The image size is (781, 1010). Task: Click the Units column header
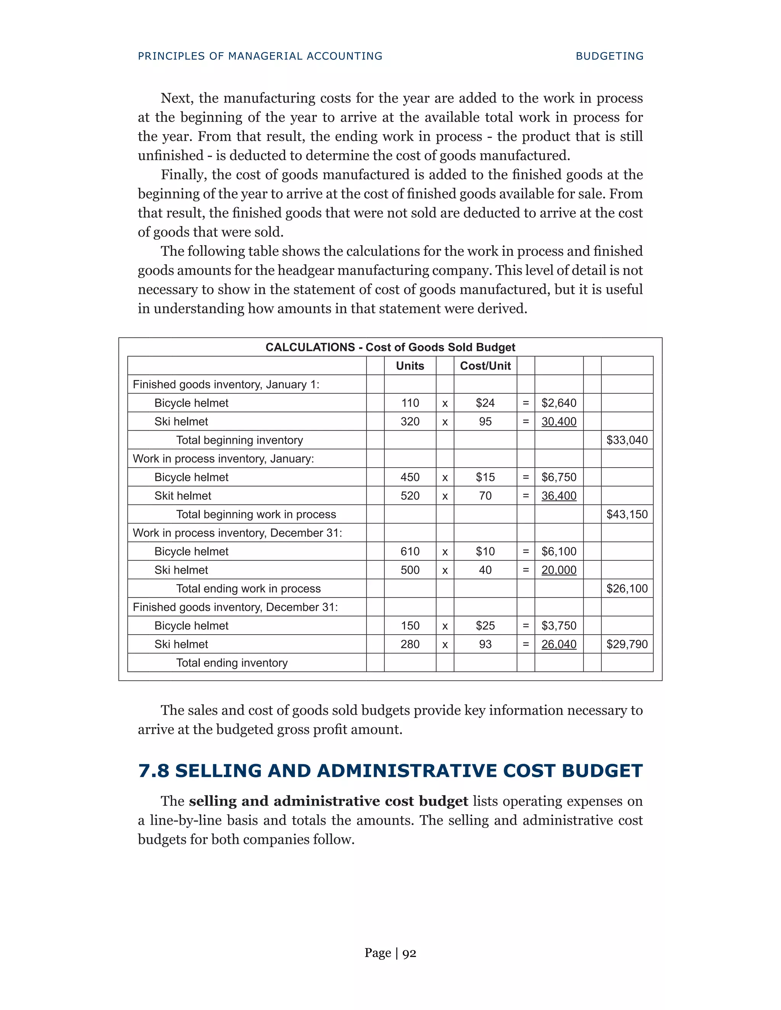410,366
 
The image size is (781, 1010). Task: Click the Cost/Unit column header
485,366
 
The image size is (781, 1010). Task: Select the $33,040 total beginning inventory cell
627,440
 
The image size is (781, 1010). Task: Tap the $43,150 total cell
627,514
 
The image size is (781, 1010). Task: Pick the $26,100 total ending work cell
627,588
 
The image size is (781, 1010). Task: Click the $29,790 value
627,644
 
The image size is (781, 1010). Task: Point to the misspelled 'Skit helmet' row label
183,496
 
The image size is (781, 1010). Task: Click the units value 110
410,403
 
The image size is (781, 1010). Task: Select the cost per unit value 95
485,421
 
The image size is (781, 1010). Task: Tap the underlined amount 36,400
559,496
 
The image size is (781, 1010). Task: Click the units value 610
410,551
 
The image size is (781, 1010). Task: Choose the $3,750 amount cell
559,626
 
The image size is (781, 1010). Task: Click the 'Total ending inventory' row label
232,663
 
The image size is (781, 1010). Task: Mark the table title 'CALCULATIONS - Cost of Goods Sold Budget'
390,347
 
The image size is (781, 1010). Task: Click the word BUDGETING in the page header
609,56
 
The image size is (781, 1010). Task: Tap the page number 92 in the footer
409,953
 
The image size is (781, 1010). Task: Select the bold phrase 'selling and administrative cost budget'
328,801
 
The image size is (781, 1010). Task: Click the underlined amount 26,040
559,644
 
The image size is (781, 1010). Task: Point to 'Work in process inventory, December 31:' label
237,533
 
